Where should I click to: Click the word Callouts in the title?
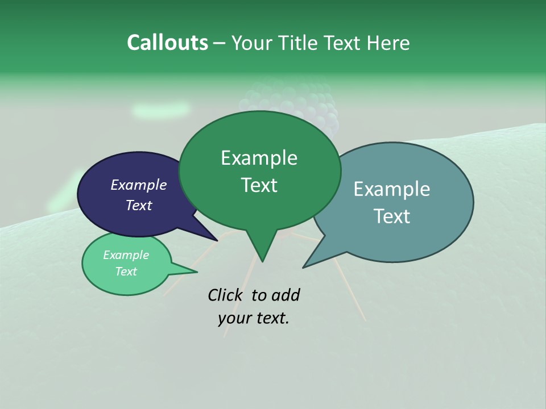pos(167,43)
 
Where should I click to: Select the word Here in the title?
pos(388,43)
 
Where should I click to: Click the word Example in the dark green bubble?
pos(259,158)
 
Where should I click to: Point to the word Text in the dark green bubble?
pos(259,185)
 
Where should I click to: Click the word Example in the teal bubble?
pos(392,189)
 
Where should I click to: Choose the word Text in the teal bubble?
pos(392,216)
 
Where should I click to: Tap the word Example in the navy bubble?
pos(138,185)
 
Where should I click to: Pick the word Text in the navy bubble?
pos(138,205)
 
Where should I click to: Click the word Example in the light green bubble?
pos(126,255)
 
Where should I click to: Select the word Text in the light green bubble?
pos(126,272)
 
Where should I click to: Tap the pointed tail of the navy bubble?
pos(214,238)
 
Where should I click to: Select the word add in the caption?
pos(285,295)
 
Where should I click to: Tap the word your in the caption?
pos(234,318)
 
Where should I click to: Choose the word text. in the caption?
pos(271,318)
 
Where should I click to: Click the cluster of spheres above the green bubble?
pos(296,102)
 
